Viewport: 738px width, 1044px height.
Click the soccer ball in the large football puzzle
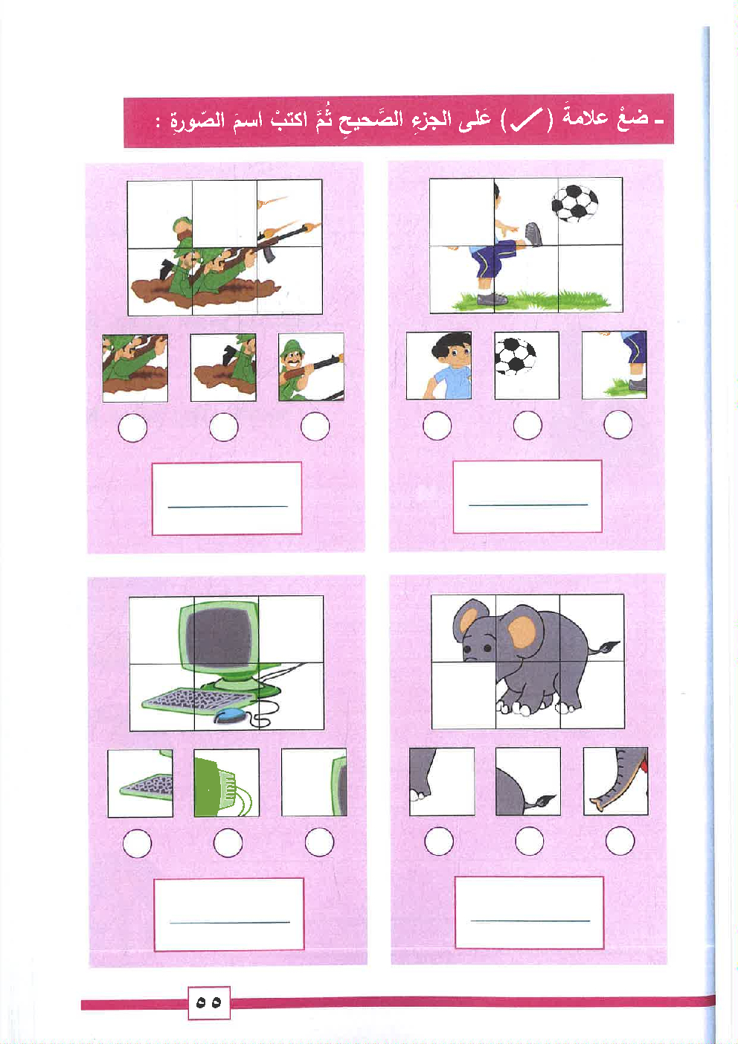574,203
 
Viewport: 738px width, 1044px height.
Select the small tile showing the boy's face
439,365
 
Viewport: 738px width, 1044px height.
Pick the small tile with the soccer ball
527,365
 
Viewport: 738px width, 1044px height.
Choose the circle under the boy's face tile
437,426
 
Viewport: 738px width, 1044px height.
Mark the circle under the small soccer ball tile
527,425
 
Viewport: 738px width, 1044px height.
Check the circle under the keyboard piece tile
137,842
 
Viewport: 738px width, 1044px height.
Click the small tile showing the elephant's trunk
615,781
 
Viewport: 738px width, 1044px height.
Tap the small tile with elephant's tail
528,781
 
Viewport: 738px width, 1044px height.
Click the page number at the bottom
209,1002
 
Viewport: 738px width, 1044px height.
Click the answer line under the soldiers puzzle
228,506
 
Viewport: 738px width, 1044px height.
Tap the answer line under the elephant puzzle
530,920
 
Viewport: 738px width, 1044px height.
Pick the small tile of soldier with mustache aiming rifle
311,366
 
